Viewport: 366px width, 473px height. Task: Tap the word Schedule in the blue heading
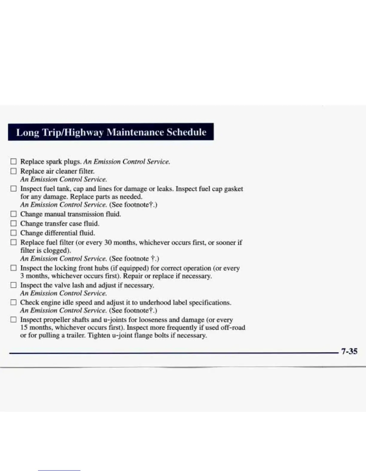coord(186,132)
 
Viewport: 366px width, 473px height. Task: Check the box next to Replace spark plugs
coord(13,162)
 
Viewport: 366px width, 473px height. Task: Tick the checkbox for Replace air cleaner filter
coord(13,171)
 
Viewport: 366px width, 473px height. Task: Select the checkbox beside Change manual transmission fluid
coord(13,214)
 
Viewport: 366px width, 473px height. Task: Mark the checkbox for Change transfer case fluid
coord(13,223)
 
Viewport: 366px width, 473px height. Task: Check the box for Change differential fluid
coord(13,233)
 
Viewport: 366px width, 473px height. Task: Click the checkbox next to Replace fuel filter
coord(13,242)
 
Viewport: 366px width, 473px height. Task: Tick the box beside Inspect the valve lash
coord(13,285)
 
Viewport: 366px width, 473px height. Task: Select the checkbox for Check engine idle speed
coord(13,302)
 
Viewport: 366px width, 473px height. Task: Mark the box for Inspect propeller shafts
coord(13,320)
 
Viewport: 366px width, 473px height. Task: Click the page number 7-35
coord(349,351)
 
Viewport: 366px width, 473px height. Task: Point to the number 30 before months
coord(108,242)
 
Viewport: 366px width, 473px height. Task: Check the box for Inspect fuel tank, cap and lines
coord(13,189)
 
